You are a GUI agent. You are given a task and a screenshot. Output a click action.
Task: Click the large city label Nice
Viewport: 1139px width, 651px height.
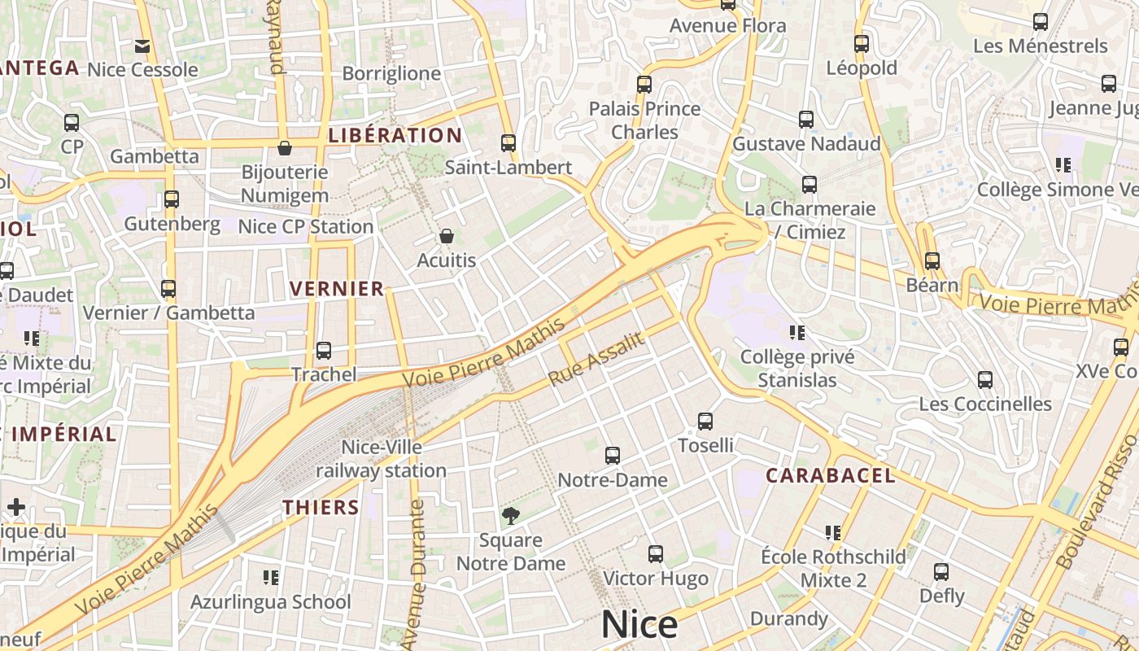coord(639,625)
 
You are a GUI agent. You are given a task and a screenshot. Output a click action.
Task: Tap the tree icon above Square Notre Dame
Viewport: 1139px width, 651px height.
coord(510,515)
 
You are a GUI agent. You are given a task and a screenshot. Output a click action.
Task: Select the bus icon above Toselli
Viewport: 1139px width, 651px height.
coord(705,422)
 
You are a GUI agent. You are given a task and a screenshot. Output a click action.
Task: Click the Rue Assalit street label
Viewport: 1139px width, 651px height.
coord(596,359)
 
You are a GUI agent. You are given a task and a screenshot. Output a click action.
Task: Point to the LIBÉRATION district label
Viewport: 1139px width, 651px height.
coord(395,135)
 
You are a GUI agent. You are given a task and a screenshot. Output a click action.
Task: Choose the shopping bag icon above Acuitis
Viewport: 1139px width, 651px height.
coord(446,237)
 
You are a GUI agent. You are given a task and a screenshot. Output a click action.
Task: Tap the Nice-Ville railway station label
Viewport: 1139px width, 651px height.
coord(382,459)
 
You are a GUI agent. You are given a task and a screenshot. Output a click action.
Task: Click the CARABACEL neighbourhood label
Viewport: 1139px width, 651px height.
coord(831,475)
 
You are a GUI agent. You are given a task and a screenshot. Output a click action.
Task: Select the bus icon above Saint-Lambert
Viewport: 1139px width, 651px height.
coord(508,143)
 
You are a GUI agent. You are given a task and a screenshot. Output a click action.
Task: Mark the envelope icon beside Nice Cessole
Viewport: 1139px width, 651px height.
coord(142,46)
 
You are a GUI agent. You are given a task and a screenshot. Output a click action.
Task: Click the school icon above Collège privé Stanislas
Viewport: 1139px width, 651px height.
coord(797,333)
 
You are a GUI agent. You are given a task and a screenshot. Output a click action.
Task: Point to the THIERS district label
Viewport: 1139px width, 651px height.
coord(321,507)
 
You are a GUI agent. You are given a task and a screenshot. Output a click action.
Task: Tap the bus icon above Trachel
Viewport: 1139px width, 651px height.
coord(324,351)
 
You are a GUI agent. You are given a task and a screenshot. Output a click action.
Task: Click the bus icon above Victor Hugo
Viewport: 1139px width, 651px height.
coord(656,554)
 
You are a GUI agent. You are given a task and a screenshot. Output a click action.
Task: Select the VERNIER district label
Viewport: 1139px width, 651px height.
coord(337,288)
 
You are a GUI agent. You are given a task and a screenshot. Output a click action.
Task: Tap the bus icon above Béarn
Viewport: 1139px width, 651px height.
coord(932,261)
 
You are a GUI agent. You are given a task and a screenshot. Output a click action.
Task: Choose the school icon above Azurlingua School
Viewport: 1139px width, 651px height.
coord(271,578)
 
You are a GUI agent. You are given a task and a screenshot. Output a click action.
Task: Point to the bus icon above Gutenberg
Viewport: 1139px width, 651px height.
coord(172,199)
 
